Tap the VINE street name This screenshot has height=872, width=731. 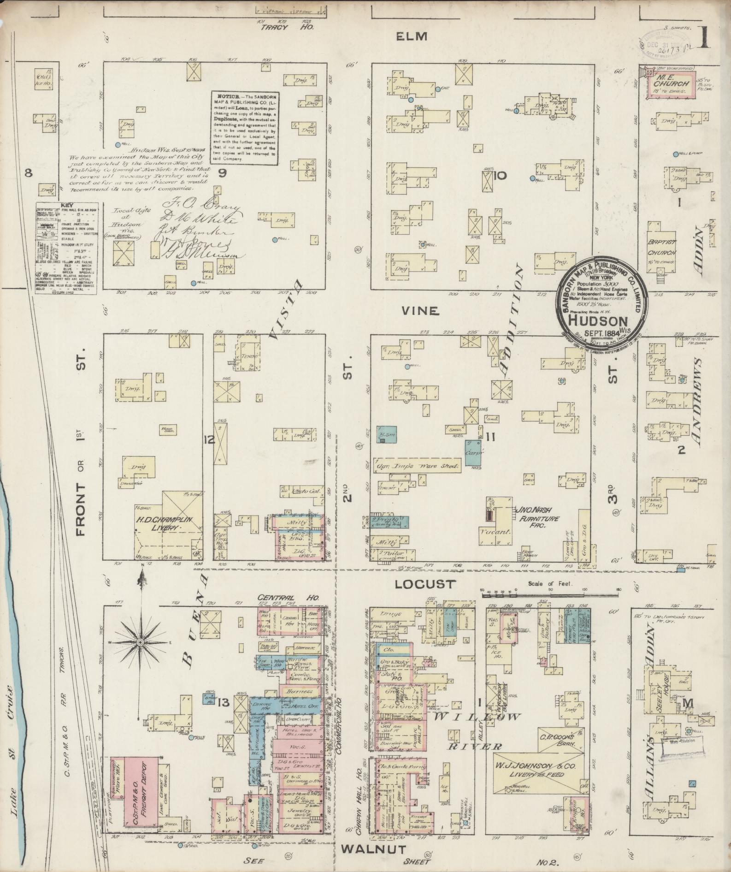pyautogui.click(x=419, y=311)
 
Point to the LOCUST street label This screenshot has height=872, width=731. pyautogui.click(x=424, y=584)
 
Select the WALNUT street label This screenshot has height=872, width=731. pyautogui.click(x=373, y=849)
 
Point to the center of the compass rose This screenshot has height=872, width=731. pyautogui.click(x=139, y=642)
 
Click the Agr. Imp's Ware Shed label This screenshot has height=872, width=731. pyautogui.click(x=418, y=466)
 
